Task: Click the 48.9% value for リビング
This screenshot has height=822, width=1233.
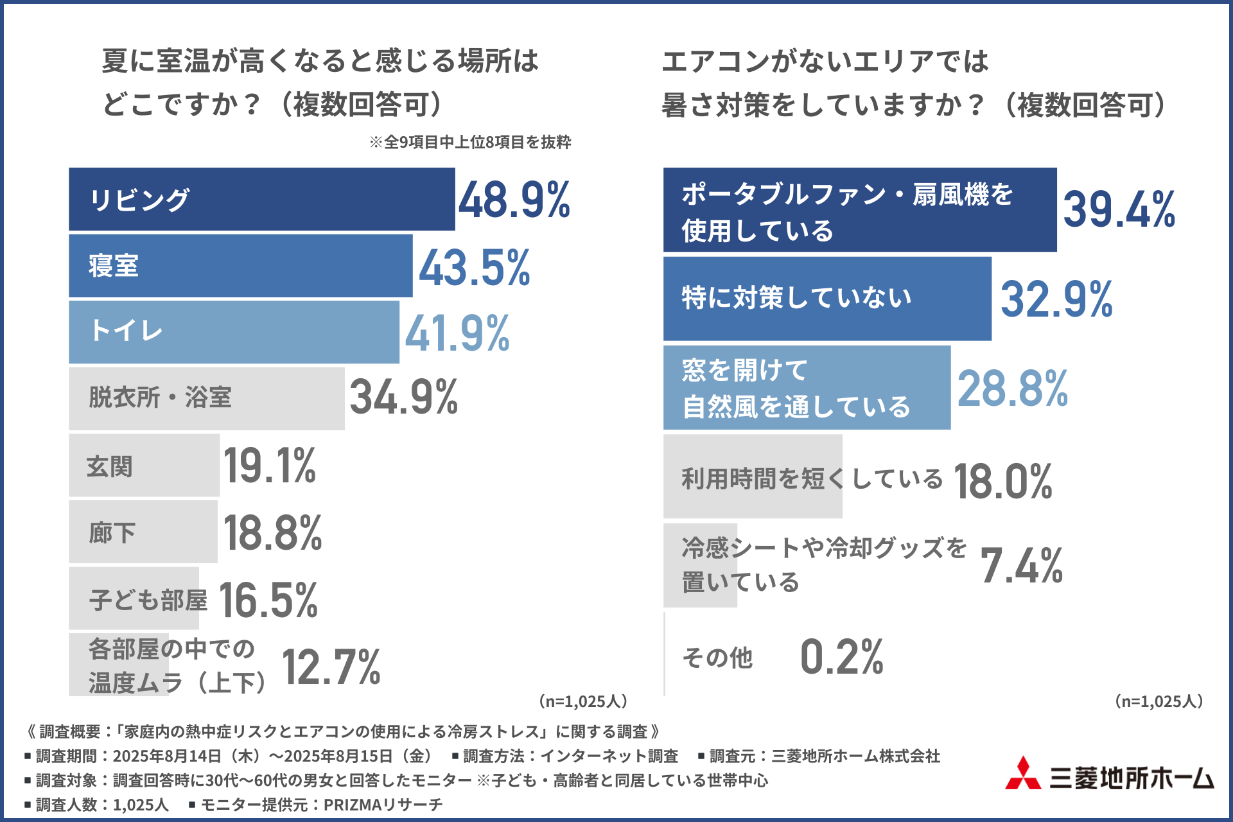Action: (514, 200)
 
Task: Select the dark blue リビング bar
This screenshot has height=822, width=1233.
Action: (261, 199)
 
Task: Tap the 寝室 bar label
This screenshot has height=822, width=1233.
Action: (114, 266)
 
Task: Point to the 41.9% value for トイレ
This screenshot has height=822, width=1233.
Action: (457, 333)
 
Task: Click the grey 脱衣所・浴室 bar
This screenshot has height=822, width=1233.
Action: (206, 398)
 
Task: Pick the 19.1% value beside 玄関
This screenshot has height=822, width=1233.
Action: (270, 466)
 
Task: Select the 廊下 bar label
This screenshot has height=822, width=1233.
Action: (112, 532)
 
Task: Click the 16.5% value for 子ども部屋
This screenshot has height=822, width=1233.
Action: (268, 600)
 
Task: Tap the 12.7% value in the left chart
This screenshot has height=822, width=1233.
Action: (331, 667)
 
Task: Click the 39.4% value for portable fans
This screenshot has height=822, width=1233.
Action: (1119, 210)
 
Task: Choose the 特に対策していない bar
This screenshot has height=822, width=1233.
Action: (827, 299)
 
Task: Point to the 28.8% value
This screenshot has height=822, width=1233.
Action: (1012, 389)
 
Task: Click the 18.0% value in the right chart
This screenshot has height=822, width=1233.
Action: (1002, 481)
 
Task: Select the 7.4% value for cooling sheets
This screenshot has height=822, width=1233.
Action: (1021, 566)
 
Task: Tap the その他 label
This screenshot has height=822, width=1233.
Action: (717, 658)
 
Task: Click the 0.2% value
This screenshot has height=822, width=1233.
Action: (841, 657)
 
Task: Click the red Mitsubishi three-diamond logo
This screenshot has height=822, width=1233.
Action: (1023, 774)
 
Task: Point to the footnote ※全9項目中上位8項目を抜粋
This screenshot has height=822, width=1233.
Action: (470, 142)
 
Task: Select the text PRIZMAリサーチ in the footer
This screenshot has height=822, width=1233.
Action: (383, 805)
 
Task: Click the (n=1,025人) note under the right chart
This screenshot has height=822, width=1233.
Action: (1159, 701)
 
